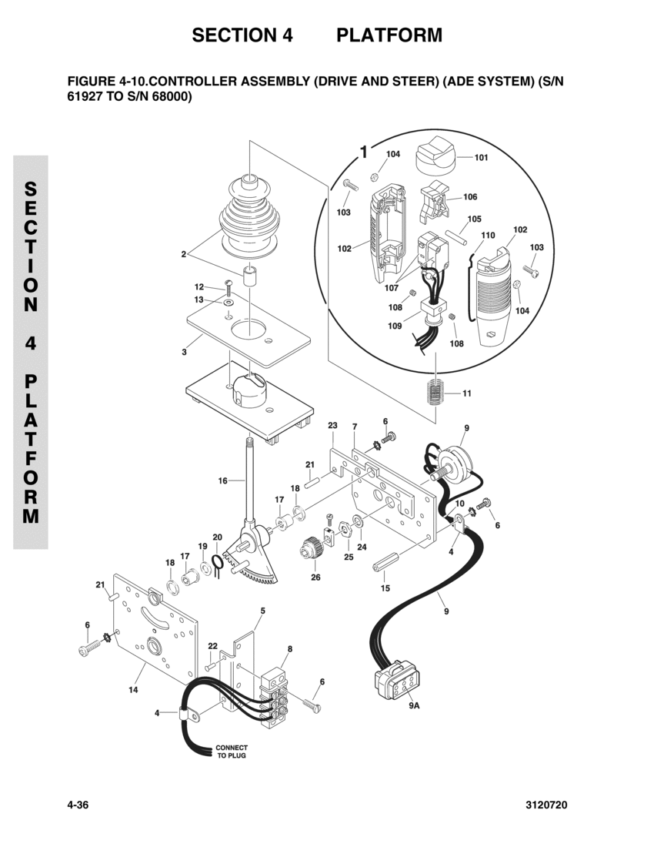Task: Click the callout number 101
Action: [482, 157]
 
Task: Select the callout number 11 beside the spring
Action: [467, 393]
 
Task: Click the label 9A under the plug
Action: [414, 705]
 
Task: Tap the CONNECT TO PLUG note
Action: [232, 752]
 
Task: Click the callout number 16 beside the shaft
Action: [222, 480]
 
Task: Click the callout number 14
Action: [133, 690]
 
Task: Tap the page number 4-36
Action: [78, 805]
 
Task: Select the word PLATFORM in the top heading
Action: [389, 35]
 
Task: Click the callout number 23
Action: [332, 425]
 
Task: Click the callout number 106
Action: [470, 196]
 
